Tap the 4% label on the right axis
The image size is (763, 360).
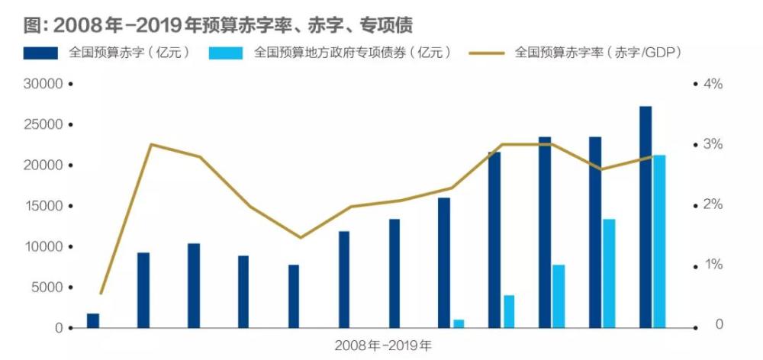[712, 84]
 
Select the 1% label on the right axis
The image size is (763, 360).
[712, 265]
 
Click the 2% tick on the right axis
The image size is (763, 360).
[712, 204]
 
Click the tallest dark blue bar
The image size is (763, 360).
[645, 217]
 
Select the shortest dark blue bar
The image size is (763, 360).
[93, 320]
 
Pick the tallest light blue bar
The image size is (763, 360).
[659, 241]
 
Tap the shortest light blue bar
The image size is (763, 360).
[459, 324]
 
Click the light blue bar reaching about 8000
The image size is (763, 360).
[559, 296]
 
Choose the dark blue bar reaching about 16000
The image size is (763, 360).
[444, 263]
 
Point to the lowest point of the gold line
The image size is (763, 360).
[101, 294]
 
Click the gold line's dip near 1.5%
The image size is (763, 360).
[301, 237]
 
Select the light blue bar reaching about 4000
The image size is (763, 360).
[509, 311]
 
